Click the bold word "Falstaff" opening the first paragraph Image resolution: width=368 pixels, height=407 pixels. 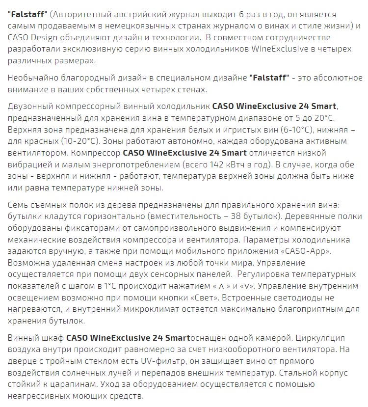[27, 15]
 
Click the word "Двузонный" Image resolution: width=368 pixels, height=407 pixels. [29, 106]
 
